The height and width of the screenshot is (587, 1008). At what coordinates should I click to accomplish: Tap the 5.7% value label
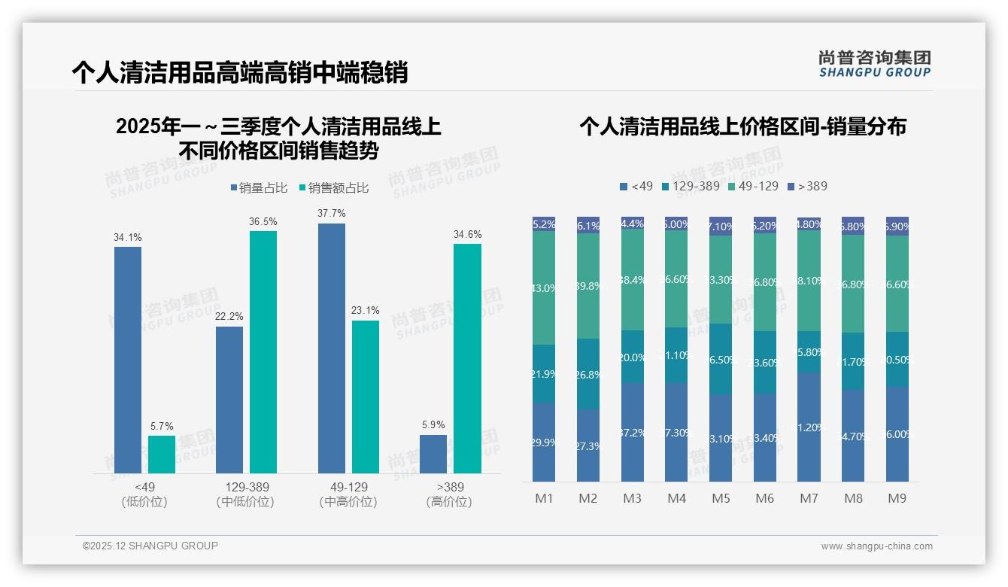[161, 426]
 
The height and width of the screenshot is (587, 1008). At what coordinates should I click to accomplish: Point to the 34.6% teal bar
[467, 358]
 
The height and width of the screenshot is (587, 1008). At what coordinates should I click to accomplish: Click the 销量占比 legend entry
[259, 187]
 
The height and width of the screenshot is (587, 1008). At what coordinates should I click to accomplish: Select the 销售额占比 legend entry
[334, 187]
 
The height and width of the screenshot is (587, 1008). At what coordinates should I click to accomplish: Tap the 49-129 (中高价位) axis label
[349, 494]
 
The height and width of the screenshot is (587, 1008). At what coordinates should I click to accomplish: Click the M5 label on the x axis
[721, 498]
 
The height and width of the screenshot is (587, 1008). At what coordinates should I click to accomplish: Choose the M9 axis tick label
[897, 498]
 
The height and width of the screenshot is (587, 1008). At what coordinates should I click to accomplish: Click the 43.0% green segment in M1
[544, 287]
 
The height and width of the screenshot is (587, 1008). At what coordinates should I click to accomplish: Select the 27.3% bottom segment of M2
[588, 446]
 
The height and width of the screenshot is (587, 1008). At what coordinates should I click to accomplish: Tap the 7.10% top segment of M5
[721, 226]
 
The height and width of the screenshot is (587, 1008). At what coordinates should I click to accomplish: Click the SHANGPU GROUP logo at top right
[874, 64]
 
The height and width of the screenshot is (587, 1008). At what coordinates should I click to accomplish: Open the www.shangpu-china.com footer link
[876, 546]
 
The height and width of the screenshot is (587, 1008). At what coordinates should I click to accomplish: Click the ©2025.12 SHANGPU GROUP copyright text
[150, 546]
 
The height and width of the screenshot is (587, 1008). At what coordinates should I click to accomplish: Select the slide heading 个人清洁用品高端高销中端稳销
[239, 72]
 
